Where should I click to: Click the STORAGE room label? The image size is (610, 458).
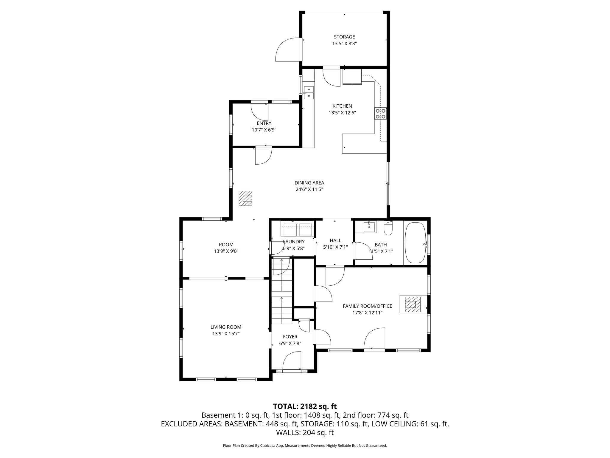coord(344,37)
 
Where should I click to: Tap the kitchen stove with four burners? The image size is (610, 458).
coord(380,114)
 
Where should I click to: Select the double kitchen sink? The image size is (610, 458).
coord(309,92)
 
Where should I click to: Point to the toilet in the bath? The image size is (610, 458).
coord(388,229)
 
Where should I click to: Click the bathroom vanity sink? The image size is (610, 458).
coord(370,227)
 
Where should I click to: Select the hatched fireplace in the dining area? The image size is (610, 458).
coord(246,198)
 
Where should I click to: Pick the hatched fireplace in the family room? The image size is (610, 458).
coord(412,304)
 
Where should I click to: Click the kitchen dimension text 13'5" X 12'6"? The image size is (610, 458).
coord(342,113)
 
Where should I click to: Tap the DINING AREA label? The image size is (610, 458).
coord(309,183)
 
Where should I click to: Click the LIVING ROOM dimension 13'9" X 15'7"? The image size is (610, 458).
coord(226,334)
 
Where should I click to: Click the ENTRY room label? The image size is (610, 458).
coord(264,123)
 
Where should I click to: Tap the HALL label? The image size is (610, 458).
coord(335,240)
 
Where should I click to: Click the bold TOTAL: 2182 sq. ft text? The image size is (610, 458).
coord(305,406)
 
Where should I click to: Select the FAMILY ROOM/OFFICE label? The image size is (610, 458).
coord(367,306)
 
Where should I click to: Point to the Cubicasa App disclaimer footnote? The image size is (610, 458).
coord(305,446)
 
